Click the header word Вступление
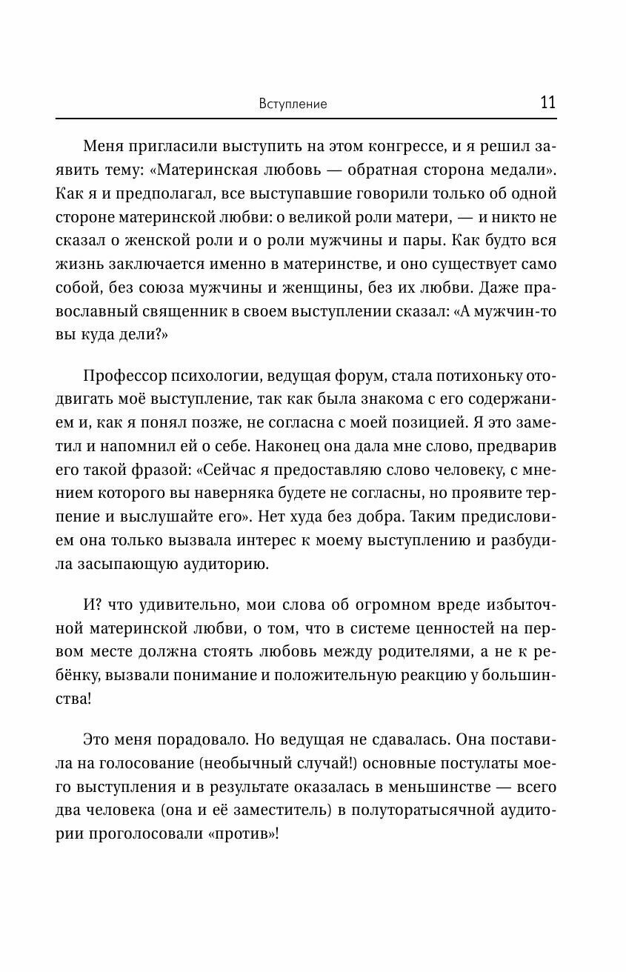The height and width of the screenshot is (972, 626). pyautogui.click(x=293, y=104)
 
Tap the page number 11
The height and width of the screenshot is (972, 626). pyautogui.click(x=547, y=102)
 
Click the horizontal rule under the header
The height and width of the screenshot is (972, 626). pyautogui.click(x=306, y=119)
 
